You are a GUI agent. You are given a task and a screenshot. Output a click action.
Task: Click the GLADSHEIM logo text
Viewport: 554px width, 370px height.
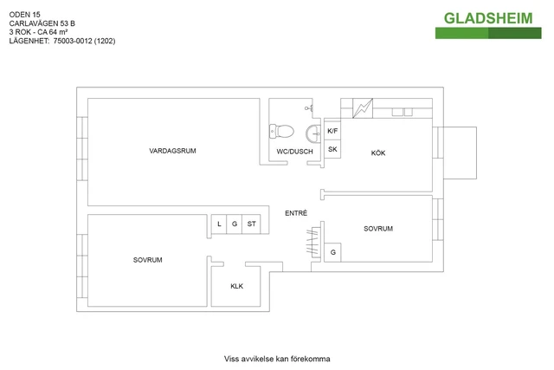pos(488,18)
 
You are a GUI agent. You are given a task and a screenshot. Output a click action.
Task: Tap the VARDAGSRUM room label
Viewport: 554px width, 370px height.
pos(172,151)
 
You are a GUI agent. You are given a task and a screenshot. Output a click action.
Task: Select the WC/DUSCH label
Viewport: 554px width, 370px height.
pos(295,152)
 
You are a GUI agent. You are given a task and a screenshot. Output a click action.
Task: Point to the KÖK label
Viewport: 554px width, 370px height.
pos(378,153)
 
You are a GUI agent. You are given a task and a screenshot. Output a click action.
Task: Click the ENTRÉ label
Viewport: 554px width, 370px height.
pos(296,213)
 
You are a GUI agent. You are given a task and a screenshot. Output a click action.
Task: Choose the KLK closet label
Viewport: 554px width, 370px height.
pos(236,285)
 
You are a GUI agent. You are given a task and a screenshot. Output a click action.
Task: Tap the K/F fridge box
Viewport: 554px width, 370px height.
pos(332,131)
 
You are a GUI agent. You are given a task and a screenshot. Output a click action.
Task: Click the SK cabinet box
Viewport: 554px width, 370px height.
pos(332,149)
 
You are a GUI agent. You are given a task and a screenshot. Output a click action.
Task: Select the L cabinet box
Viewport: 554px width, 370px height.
pos(220,224)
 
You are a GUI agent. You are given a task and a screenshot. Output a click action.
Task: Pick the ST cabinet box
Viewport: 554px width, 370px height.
pos(252,224)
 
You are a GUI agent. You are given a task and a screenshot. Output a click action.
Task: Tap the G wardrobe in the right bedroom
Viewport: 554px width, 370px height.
pos(332,252)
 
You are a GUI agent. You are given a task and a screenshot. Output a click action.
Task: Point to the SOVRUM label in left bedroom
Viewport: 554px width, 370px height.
pos(148,260)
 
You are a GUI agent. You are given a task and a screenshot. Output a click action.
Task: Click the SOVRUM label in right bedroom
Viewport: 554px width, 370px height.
pos(378,229)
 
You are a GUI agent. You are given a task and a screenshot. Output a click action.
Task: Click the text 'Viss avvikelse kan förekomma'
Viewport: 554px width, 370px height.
pos(277,358)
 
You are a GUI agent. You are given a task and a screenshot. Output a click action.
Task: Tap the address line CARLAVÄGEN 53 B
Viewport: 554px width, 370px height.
pos(42,23)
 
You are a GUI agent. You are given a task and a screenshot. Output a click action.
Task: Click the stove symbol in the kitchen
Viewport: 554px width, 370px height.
pos(364,108)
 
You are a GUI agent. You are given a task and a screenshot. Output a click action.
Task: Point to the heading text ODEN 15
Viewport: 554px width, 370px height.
pos(24,13)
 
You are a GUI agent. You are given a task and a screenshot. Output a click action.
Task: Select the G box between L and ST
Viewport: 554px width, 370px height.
pos(235,224)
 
